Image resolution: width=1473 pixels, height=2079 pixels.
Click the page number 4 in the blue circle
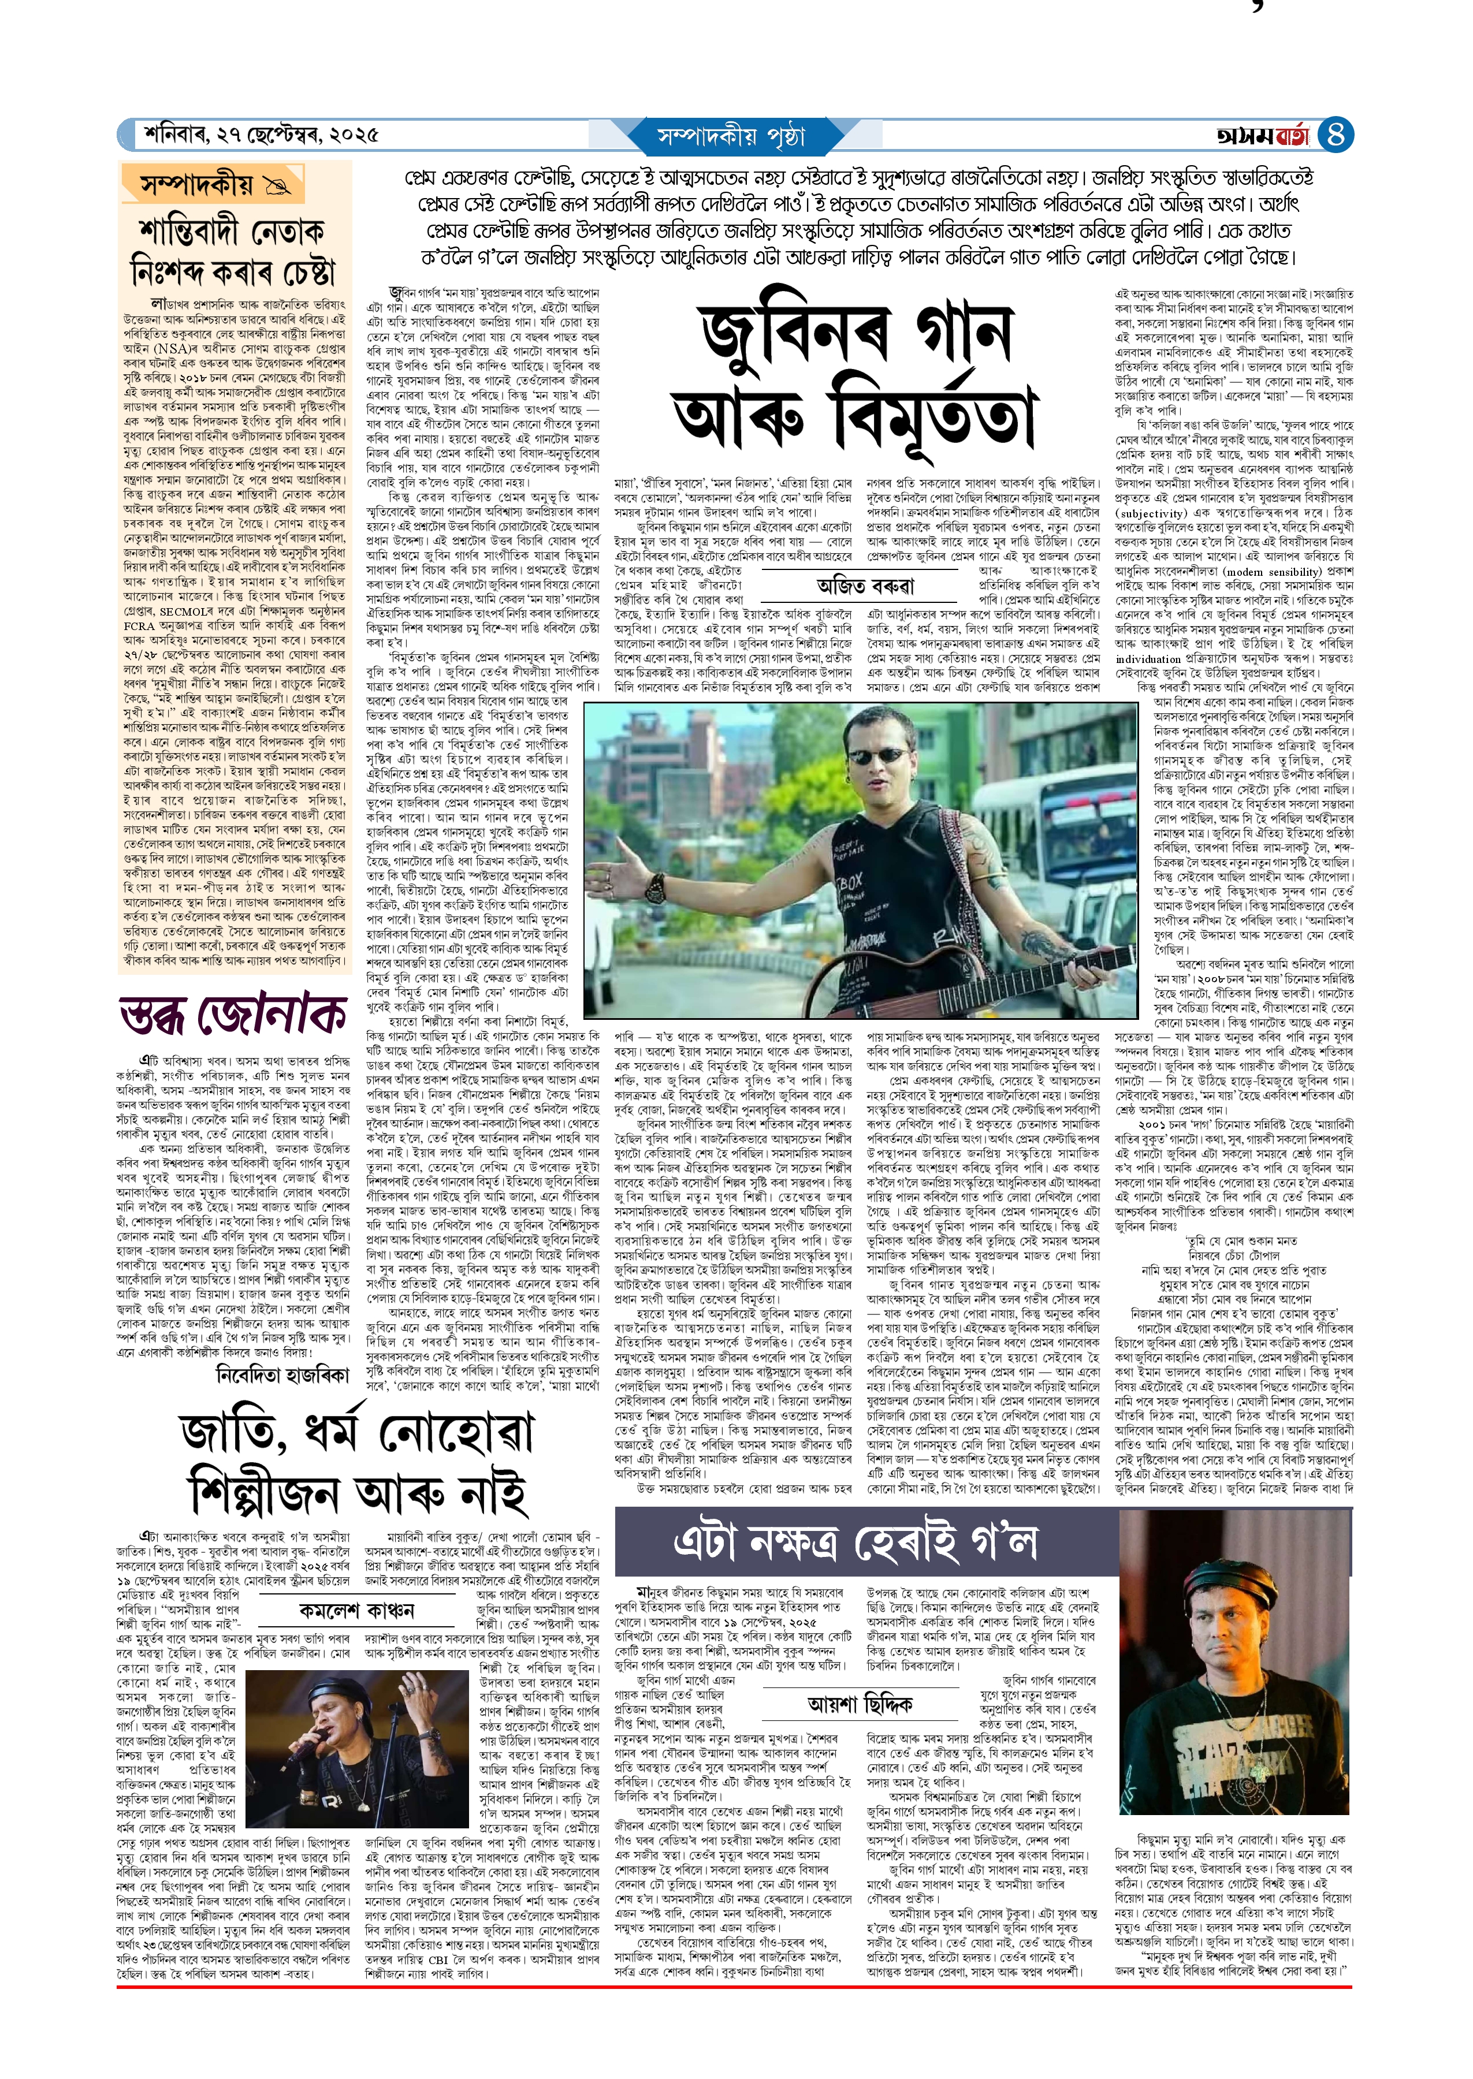coord(1334,135)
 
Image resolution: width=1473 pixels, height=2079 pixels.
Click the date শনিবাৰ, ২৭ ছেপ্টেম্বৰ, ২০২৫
coord(261,135)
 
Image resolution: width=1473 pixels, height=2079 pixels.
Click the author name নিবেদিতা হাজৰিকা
coord(282,1374)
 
